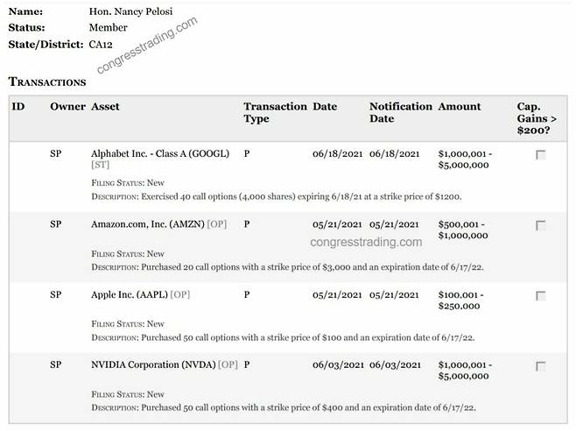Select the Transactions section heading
[47, 81]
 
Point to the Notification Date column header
[400, 112]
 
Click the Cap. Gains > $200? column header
[538, 118]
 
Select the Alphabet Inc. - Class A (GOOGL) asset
[159, 153]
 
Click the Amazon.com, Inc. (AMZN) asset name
[147, 224]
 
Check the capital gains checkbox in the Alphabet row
[540, 155]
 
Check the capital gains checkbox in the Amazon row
[540, 225]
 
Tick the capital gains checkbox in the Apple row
[540, 295]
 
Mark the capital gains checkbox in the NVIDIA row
[540, 365]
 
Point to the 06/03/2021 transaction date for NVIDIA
[337, 364]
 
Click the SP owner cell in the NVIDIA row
[56, 364]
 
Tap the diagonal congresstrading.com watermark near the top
[147, 42]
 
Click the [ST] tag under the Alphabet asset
[100, 165]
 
